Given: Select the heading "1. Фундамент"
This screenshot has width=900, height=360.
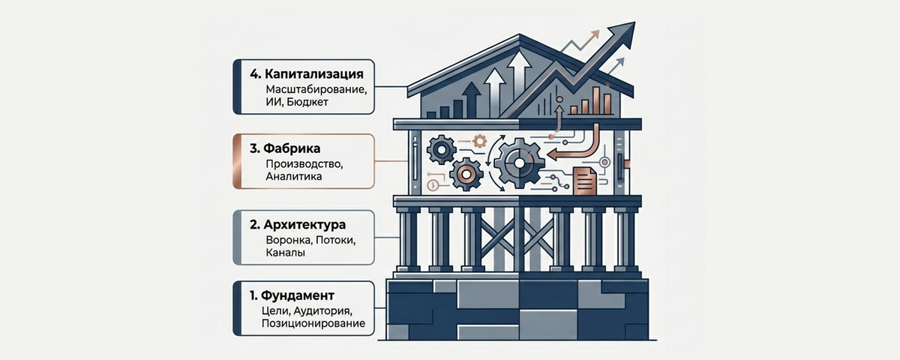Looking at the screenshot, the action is coord(293,295).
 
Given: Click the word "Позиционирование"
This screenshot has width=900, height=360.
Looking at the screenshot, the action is coord(313,323).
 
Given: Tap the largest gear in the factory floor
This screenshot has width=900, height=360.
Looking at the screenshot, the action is coord(518,161).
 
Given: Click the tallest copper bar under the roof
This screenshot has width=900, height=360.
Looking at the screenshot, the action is coord(597,100).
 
